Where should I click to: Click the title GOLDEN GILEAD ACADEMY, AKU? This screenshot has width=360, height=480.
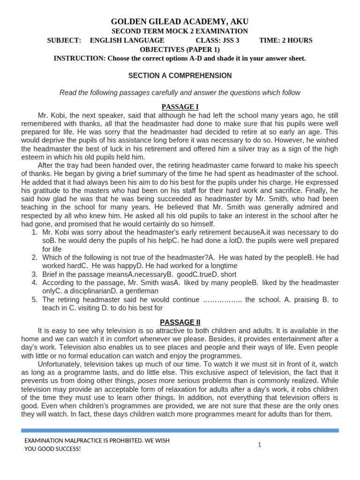(x=180, y=22)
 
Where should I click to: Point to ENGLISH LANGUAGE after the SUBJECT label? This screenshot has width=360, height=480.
(x=127, y=40)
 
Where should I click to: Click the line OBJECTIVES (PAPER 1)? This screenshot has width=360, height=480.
(x=180, y=49)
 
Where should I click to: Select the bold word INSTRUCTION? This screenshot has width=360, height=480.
(x=79, y=58)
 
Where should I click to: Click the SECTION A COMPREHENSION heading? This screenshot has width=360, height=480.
(x=180, y=75)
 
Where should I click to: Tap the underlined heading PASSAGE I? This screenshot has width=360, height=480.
(x=180, y=107)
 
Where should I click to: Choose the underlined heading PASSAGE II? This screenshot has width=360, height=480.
(x=180, y=322)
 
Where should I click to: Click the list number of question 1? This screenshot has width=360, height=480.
(x=34, y=232)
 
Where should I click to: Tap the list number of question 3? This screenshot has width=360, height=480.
(x=34, y=275)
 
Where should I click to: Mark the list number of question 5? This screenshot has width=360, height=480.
(x=34, y=300)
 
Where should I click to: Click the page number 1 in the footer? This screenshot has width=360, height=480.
(x=259, y=445)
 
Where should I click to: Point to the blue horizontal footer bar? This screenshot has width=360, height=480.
(x=180, y=430)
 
